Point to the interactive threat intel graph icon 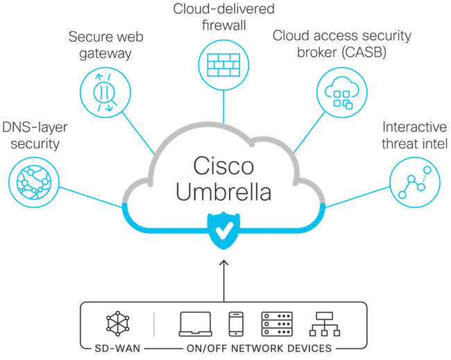click(x=414, y=182)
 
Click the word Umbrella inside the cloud click(x=223, y=193)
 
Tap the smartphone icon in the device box click(x=235, y=323)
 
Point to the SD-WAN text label click(x=114, y=348)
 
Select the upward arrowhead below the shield click(x=223, y=263)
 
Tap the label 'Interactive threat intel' click(x=414, y=135)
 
